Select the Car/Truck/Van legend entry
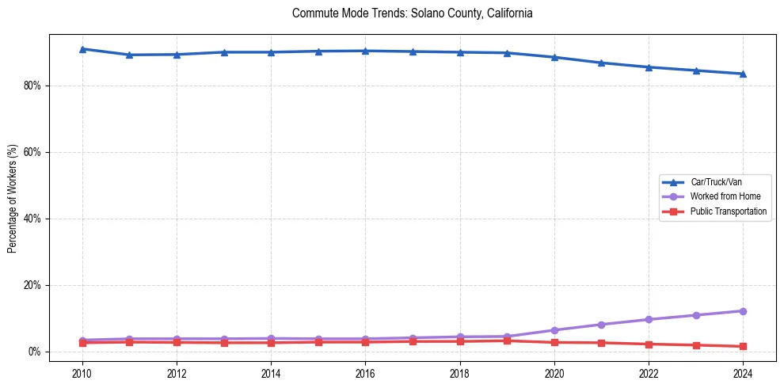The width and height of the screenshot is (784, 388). tap(716, 182)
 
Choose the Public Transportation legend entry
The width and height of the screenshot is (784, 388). tap(728, 211)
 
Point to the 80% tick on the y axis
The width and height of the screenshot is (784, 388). tap(32, 86)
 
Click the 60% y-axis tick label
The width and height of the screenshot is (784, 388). tap(32, 152)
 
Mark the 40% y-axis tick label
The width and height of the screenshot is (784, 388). tap(32, 219)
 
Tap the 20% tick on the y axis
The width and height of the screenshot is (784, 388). tap(32, 285)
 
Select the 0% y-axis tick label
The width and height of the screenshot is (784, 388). tap(35, 352)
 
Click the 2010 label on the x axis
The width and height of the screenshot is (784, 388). tap(82, 372)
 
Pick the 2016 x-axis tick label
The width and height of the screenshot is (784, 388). tap(365, 372)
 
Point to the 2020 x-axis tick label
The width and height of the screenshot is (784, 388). tap(554, 372)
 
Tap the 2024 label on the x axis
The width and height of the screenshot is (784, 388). tap(743, 372)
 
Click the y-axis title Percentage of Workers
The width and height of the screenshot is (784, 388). tap(13, 198)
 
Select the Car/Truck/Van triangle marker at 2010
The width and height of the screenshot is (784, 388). tap(82, 49)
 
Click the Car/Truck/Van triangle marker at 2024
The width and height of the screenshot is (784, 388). tap(743, 74)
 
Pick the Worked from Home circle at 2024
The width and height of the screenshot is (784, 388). tap(743, 311)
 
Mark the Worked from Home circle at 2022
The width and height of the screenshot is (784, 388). tap(649, 319)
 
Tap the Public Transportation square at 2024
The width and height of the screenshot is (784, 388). tap(743, 346)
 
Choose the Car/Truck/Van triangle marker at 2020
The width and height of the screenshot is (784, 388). tap(554, 57)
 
